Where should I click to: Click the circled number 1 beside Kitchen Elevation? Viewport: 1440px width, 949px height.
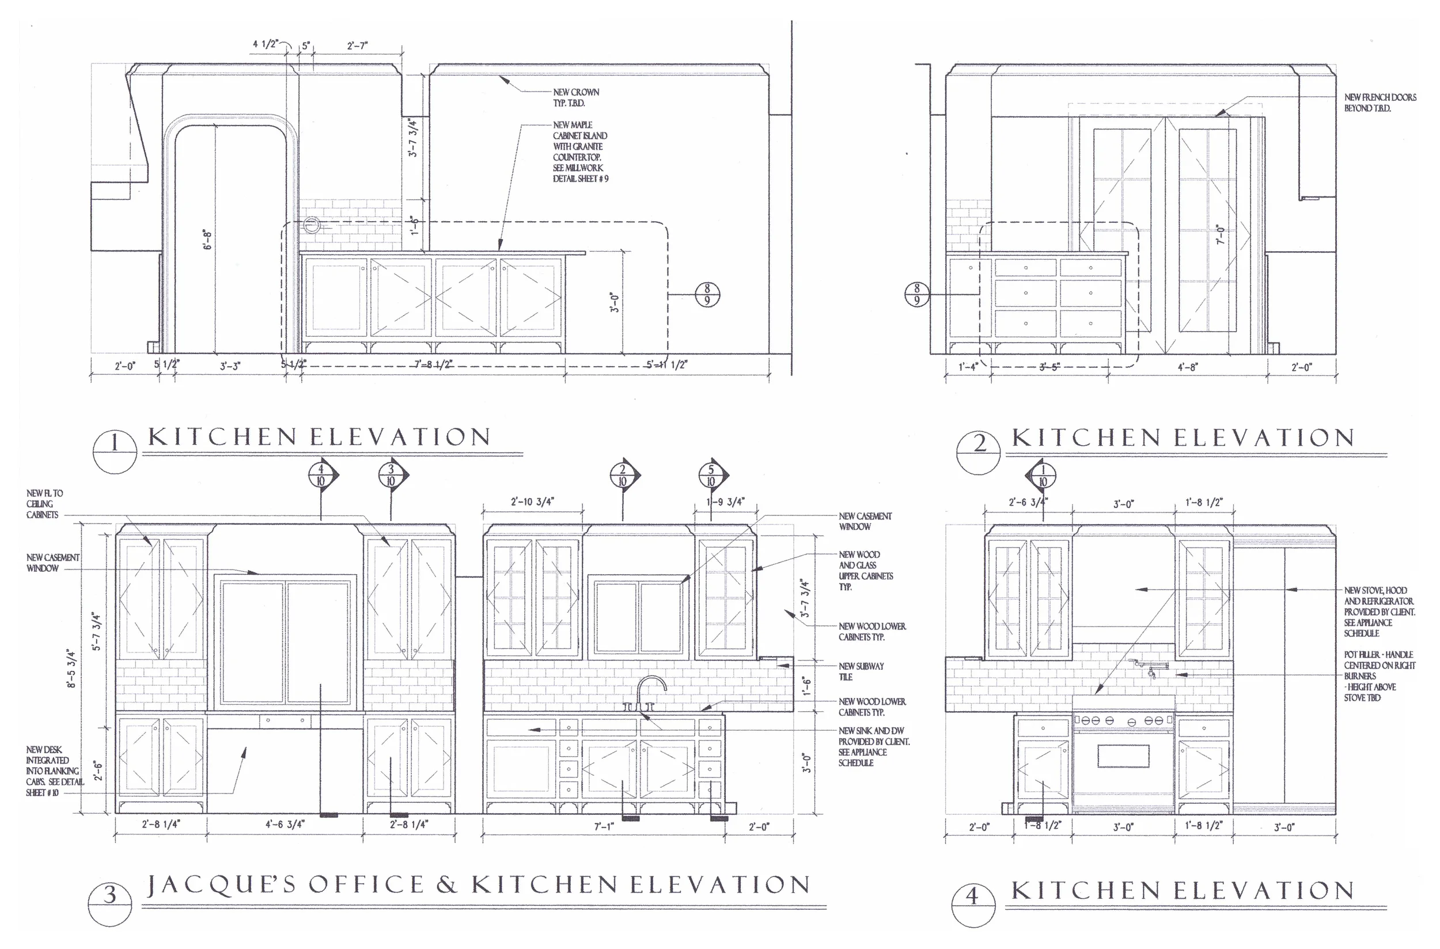pyautogui.click(x=115, y=451)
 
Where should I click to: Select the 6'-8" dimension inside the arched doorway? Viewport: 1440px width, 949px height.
pyautogui.click(x=207, y=240)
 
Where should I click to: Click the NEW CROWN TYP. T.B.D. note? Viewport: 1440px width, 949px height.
pyautogui.click(x=575, y=97)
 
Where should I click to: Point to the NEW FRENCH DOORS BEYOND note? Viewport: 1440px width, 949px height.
pyautogui.click(x=1380, y=103)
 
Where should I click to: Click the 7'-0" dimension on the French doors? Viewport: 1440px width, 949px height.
pyautogui.click(x=1221, y=235)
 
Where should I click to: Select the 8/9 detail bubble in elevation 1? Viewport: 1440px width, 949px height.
pyautogui.click(x=707, y=295)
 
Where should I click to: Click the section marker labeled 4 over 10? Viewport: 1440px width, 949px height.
pyautogui.click(x=321, y=475)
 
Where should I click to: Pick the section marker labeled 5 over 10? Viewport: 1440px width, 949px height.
pyautogui.click(x=711, y=475)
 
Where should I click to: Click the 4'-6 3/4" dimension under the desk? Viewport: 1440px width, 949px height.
pyautogui.click(x=285, y=824)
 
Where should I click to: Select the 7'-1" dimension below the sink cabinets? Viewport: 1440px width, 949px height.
pyautogui.click(x=604, y=827)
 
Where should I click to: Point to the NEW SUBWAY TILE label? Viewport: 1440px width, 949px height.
pyautogui.click(x=861, y=671)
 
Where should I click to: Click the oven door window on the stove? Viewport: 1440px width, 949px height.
pyautogui.click(x=1123, y=756)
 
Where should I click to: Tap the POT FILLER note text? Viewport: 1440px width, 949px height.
pyautogui.click(x=1379, y=676)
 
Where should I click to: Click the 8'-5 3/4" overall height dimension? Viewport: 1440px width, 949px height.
pyautogui.click(x=72, y=668)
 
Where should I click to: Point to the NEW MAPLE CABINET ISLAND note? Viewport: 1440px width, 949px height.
pyautogui.click(x=579, y=151)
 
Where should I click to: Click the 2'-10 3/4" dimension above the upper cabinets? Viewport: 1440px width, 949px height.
pyautogui.click(x=532, y=502)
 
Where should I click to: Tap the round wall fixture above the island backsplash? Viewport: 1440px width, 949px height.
pyautogui.click(x=311, y=225)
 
